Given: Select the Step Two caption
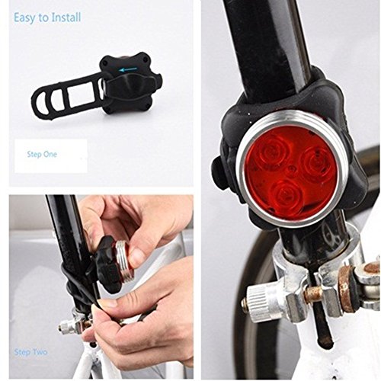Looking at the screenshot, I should (x=32, y=354).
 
